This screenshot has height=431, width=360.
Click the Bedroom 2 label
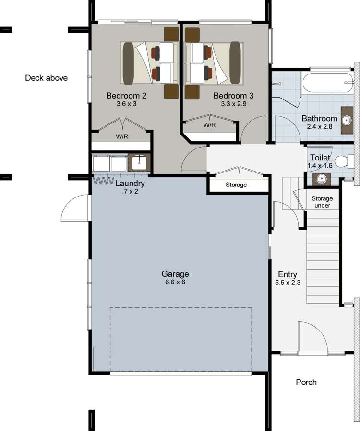pyautogui.click(x=126, y=95)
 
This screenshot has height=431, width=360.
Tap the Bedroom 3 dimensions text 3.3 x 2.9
pyautogui.click(x=233, y=103)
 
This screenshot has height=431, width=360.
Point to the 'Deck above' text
pyautogui.click(x=46, y=78)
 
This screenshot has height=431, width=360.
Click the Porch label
pyautogui.click(x=306, y=382)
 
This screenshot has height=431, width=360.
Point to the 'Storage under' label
pyautogui.click(x=322, y=202)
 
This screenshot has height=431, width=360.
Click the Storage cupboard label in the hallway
pyautogui.click(x=236, y=185)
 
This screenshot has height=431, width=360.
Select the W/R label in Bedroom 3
pyautogui.click(x=209, y=125)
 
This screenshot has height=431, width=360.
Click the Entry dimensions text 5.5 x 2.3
pyautogui.click(x=288, y=283)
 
